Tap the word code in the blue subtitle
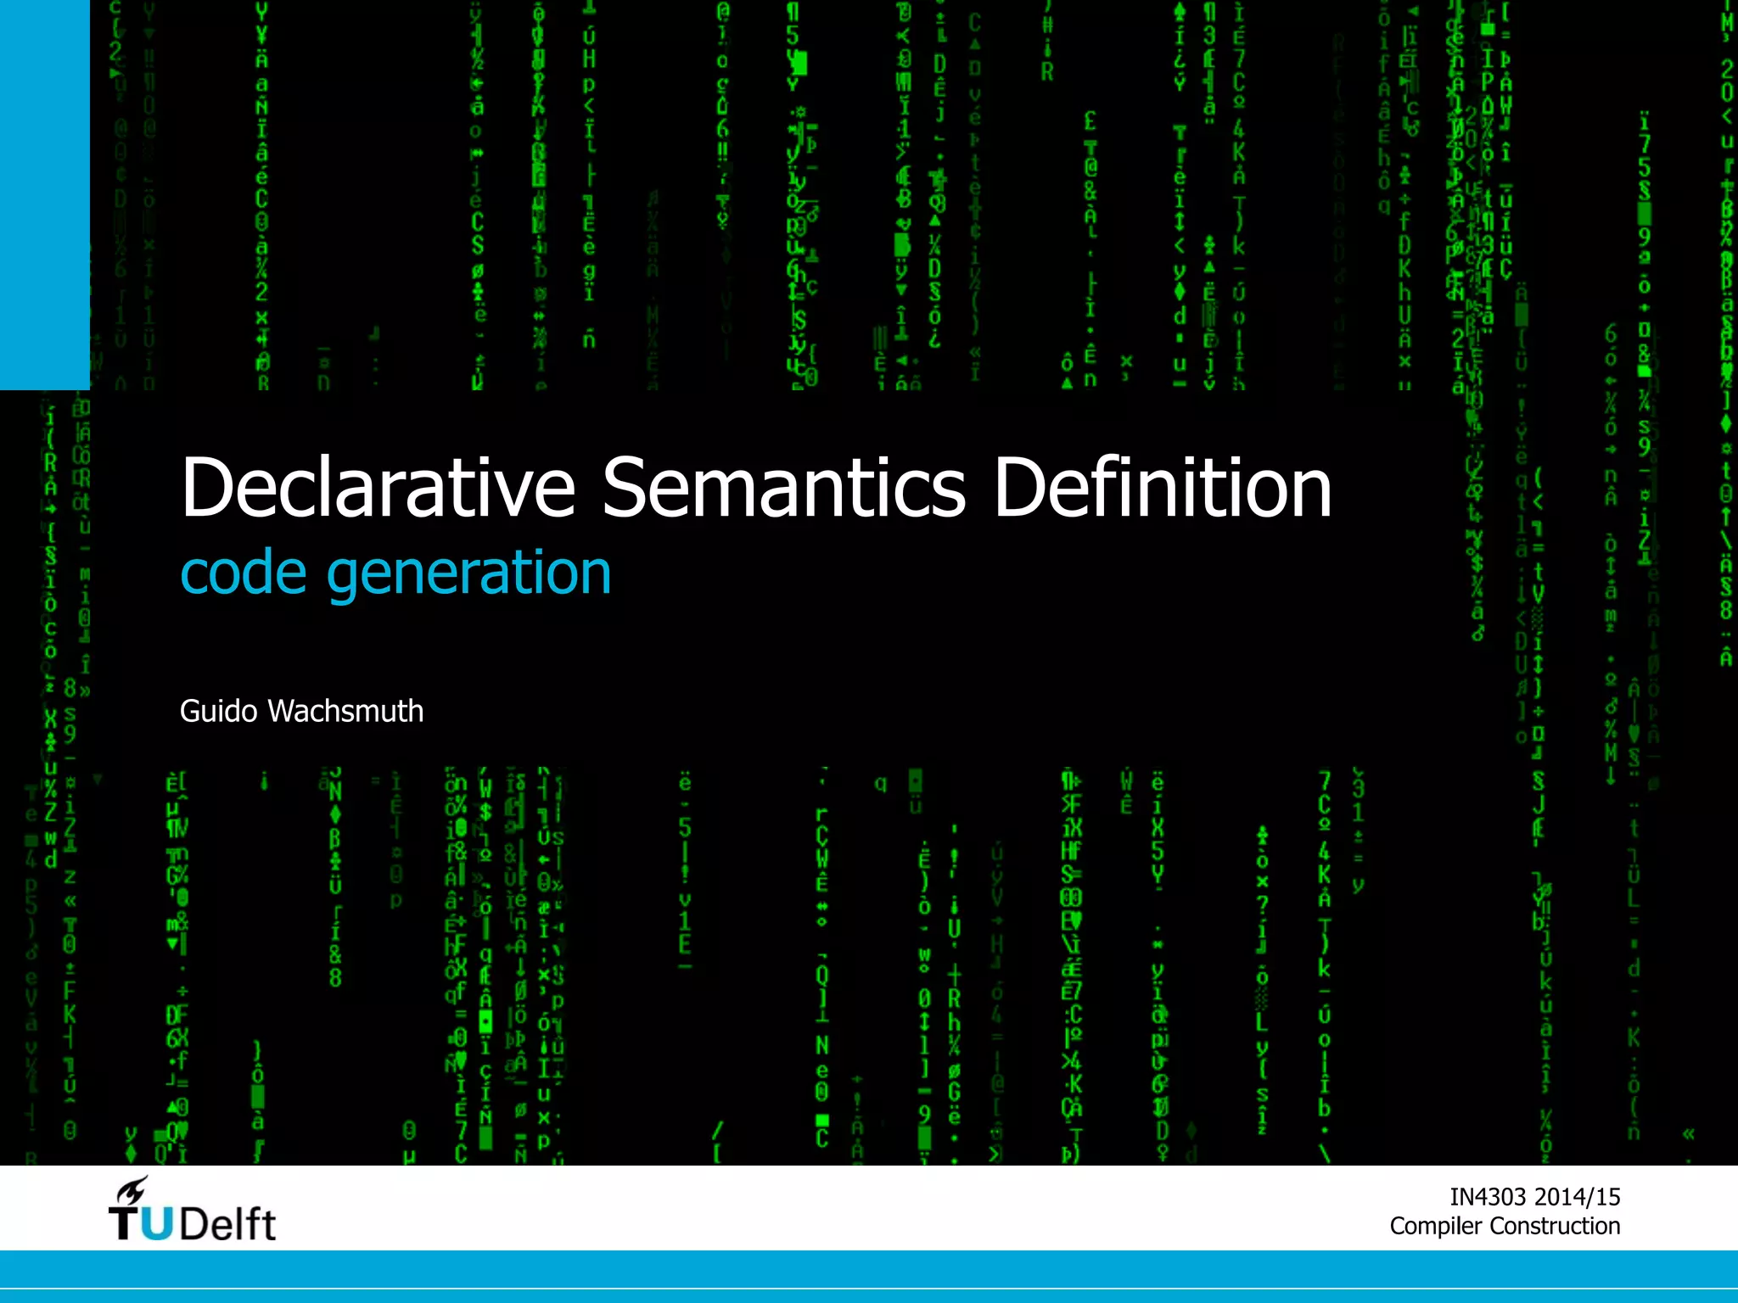tap(244, 574)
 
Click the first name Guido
tap(218, 711)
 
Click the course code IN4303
tap(1487, 1197)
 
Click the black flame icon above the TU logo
tap(132, 1190)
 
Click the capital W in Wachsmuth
tap(283, 711)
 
